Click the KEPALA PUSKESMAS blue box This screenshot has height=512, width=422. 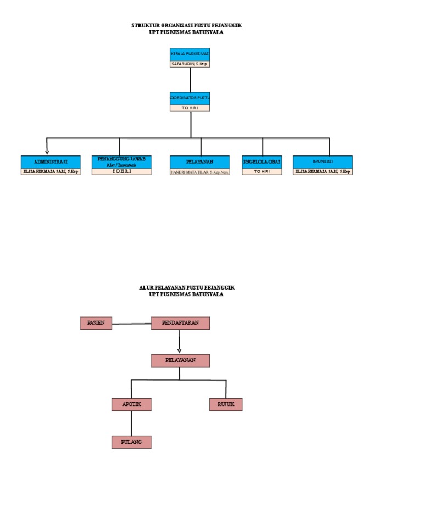point(190,54)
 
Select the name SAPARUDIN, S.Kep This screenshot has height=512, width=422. point(190,64)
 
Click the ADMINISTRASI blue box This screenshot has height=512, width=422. point(51,162)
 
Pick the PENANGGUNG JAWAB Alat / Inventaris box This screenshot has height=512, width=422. point(121,162)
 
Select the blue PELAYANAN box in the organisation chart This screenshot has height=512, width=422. point(199,162)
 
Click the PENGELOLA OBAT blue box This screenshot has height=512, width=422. point(262,162)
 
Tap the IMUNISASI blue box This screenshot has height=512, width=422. point(323,162)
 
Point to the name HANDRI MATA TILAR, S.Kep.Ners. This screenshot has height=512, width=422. point(199,172)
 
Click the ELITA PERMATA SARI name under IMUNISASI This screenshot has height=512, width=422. point(323,171)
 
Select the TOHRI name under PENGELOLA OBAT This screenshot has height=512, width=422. point(262,171)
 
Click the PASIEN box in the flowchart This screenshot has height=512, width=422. point(96,323)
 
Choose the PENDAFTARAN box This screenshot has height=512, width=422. point(180,323)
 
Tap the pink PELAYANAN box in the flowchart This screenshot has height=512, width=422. point(180,360)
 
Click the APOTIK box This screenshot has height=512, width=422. point(131,404)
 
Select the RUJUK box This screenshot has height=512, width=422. point(226,404)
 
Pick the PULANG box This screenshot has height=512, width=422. point(131,442)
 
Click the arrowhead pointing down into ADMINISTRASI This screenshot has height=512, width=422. point(47,151)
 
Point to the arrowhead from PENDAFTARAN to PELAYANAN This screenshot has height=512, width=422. point(180,350)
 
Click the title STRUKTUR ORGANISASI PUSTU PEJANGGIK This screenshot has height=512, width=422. point(187,26)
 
